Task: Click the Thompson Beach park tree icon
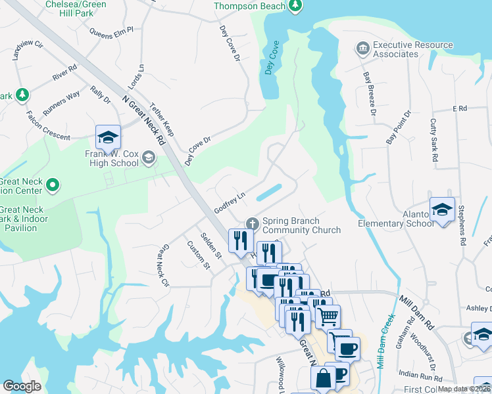click(x=295, y=6)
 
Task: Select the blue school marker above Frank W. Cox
click(x=108, y=137)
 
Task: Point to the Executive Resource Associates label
click(x=404, y=49)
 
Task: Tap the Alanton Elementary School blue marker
click(x=442, y=210)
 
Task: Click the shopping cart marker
click(x=327, y=317)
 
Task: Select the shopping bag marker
click(x=324, y=379)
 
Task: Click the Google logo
click(x=22, y=386)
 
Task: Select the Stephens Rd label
click(x=462, y=226)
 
